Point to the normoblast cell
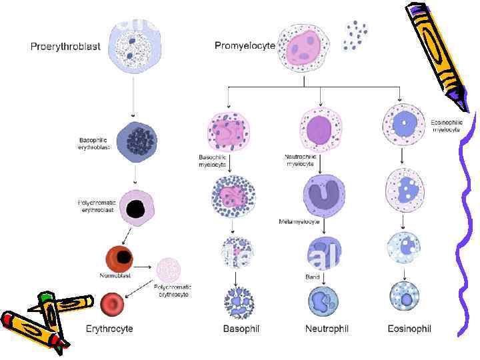click(x=121, y=258)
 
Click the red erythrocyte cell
click(x=113, y=305)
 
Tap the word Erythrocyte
click(x=109, y=329)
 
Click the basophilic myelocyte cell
click(x=228, y=131)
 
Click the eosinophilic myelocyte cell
click(x=403, y=123)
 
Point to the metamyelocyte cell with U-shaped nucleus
click(x=323, y=195)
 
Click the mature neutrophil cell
click(x=323, y=301)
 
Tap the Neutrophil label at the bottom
click(x=327, y=329)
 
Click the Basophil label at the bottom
click(x=241, y=329)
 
